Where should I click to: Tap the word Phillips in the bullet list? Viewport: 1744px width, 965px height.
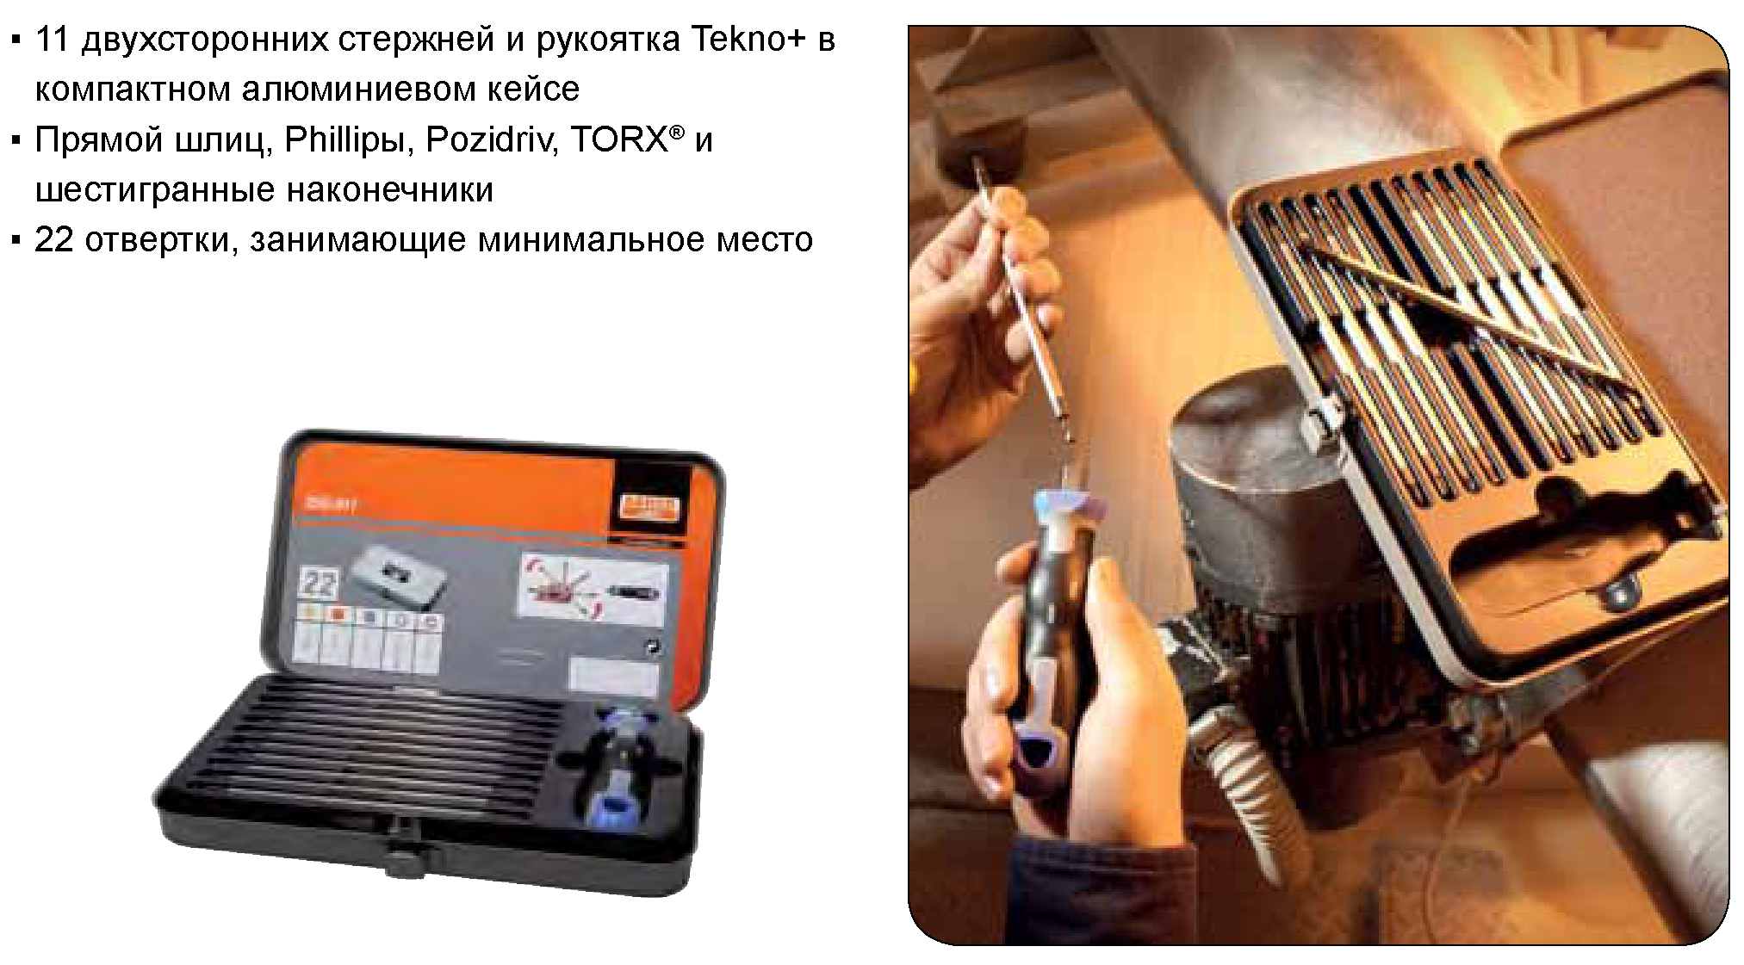pos(343,140)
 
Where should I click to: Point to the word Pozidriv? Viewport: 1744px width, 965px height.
pos(488,140)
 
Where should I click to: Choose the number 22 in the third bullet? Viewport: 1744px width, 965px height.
pos(54,240)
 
